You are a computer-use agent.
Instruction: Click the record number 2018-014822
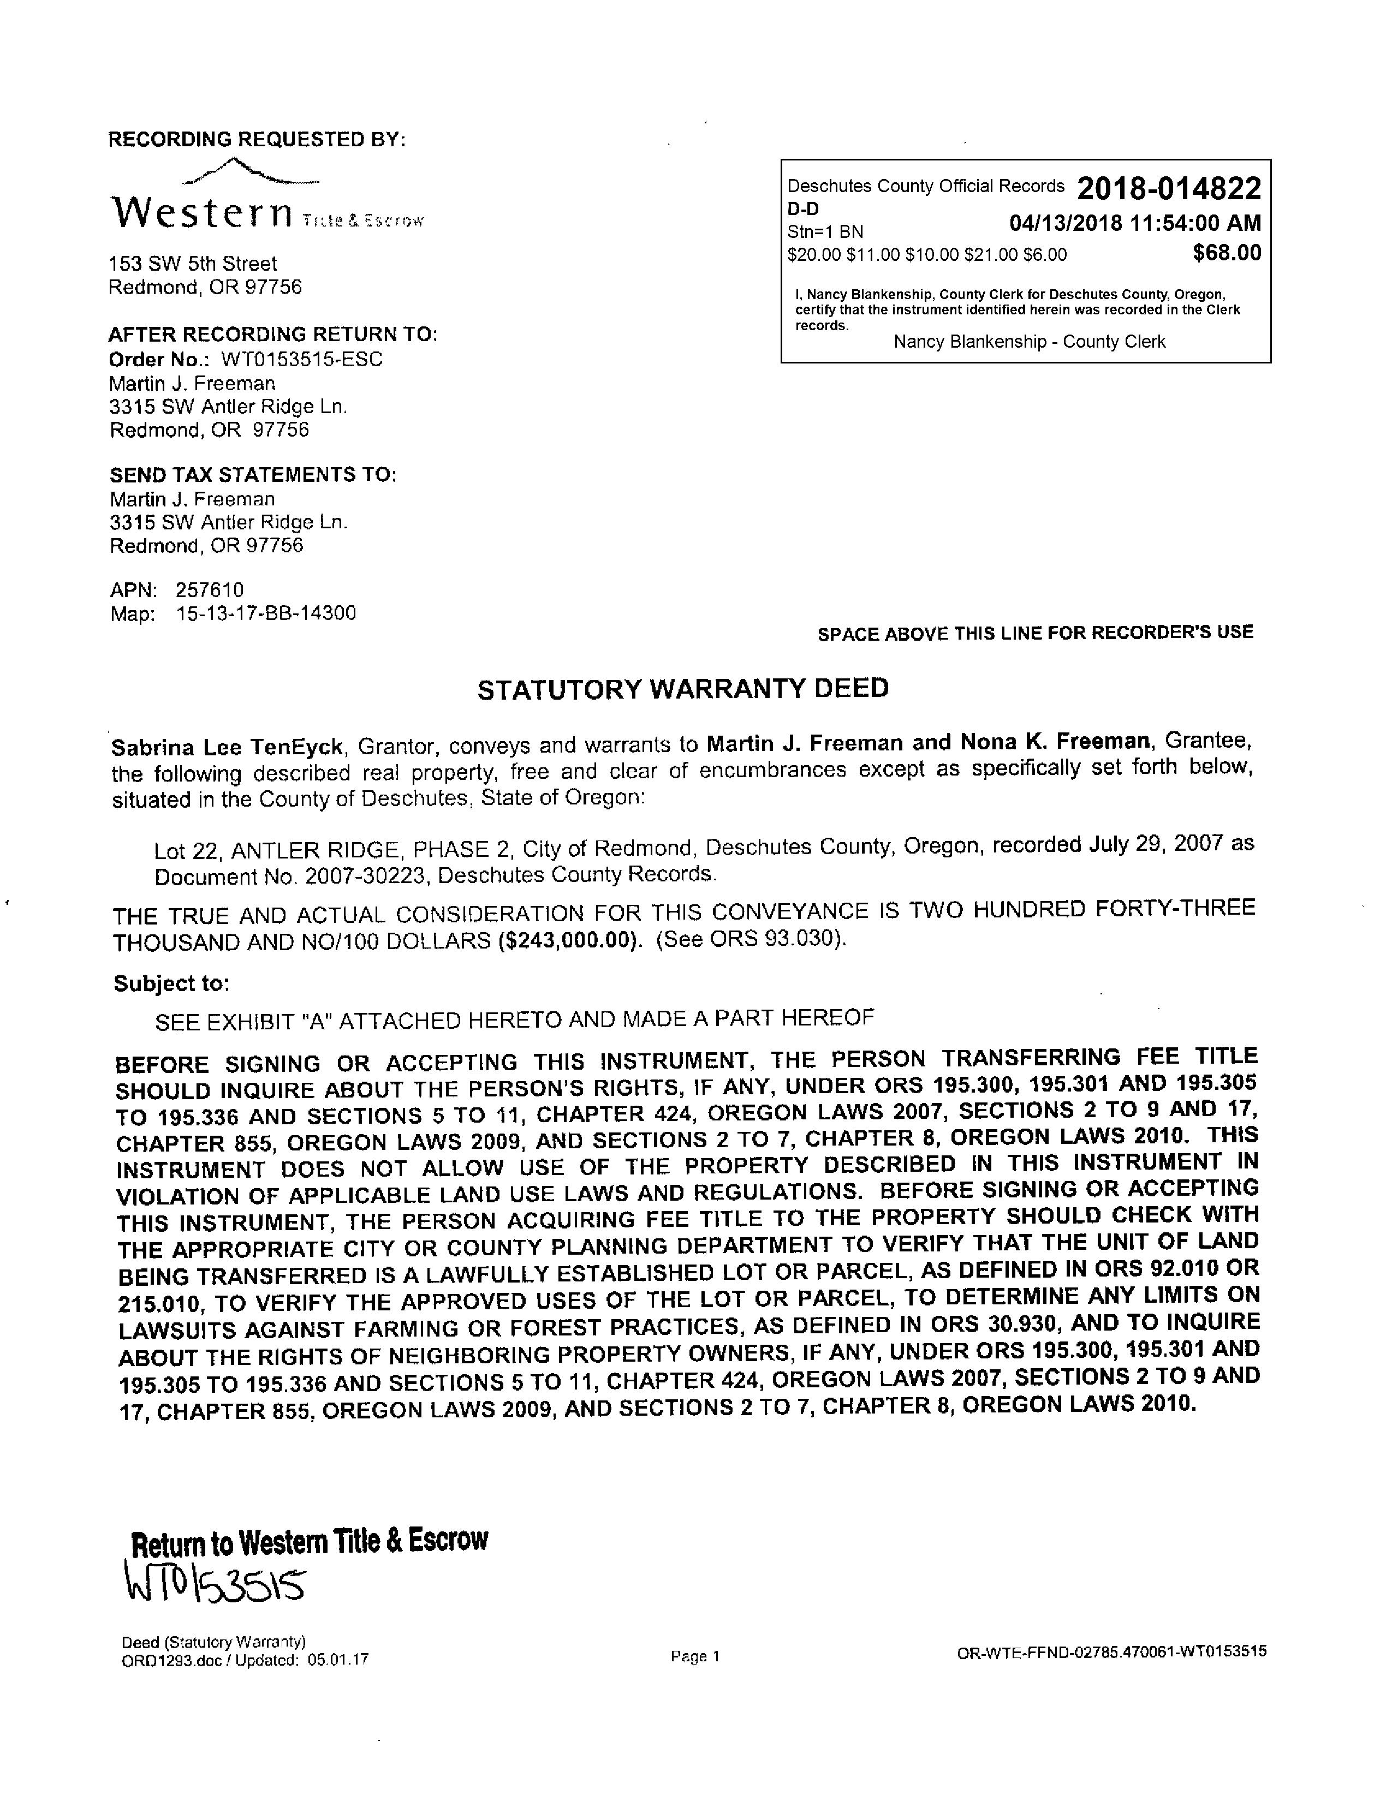coord(1169,189)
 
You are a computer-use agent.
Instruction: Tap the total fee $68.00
coord(1226,253)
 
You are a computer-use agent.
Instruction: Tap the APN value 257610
coord(210,589)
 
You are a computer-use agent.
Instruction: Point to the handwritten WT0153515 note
coord(215,1581)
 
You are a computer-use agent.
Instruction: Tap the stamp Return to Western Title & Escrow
coord(309,1540)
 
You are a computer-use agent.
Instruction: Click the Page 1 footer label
coord(695,1656)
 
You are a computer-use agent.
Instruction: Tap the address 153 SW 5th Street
coord(193,264)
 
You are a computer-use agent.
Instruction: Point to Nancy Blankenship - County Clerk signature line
coord(1029,342)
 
